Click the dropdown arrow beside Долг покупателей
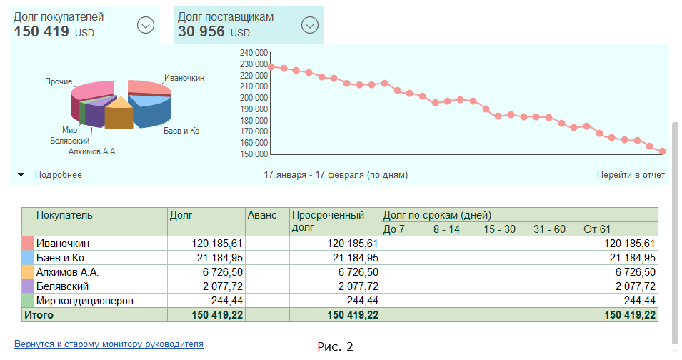(x=146, y=25)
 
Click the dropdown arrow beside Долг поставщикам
(x=309, y=25)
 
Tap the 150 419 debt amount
(x=41, y=31)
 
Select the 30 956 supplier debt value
(x=201, y=31)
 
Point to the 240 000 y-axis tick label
(x=254, y=53)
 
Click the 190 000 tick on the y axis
(x=254, y=109)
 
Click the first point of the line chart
(x=271, y=67)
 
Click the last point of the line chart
(x=663, y=151)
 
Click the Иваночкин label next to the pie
(x=184, y=78)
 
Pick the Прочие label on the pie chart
(x=59, y=82)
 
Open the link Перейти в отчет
(x=631, y=175)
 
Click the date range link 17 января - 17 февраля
(x=336, y=175)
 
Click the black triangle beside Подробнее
(x=21, y=174)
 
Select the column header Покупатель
(x=64, y=214)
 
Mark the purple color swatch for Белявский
(x=28, y=286)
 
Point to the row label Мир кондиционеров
(x=85, y=301)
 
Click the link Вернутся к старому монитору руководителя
(x=109, y=344)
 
